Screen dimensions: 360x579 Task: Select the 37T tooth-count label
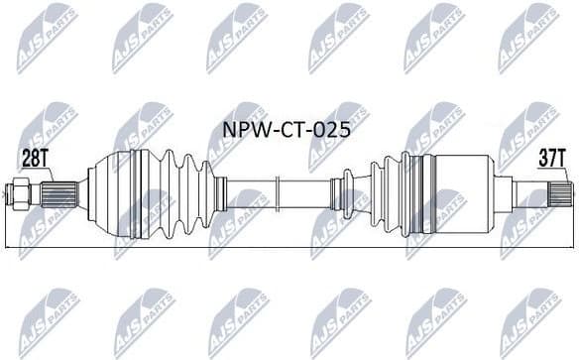pyautogui.click(x=548, y=158)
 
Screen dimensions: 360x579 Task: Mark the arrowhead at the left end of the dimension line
pyautogui.click(x=9, y=245)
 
